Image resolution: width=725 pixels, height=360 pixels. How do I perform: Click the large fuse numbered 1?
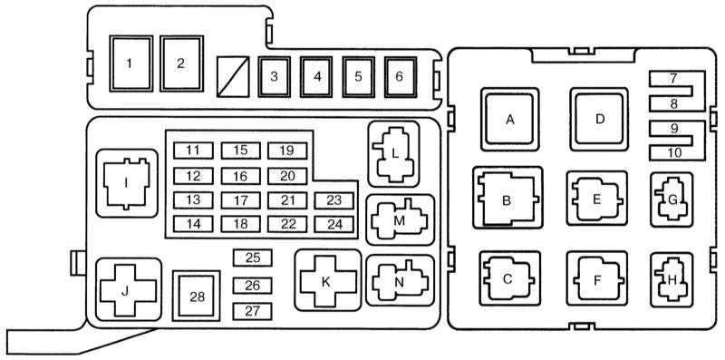point(130,63)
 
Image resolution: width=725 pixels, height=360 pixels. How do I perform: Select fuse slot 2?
point(182,63)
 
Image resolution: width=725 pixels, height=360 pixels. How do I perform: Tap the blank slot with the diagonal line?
point(233,77)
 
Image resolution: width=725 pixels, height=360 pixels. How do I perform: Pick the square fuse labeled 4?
point(316,77)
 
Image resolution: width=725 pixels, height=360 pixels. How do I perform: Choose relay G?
point(672,199)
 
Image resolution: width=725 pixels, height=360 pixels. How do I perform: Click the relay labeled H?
point(672,279)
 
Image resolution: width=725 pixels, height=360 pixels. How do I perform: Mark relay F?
point(597,279)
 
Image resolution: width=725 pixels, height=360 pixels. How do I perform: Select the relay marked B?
point(507,198)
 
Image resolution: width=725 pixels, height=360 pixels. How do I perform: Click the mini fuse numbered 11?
point(193,151)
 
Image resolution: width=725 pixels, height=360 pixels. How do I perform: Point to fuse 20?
point(287,176)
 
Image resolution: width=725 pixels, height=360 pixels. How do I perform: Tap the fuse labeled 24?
point(333,224)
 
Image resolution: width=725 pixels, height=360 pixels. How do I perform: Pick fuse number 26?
point(253,286)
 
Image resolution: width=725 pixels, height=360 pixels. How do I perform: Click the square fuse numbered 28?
point(197,297)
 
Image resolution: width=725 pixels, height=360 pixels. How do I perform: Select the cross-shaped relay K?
point(328,280)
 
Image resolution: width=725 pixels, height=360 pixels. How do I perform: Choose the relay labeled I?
point(127,183)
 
